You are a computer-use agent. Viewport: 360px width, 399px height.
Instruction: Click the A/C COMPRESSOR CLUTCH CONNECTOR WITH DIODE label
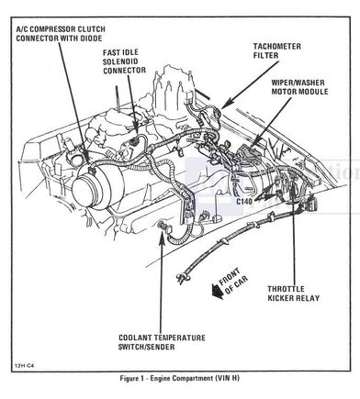61,34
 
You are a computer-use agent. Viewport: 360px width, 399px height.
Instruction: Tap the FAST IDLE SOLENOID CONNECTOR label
124,61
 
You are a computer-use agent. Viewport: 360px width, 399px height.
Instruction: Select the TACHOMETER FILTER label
277,50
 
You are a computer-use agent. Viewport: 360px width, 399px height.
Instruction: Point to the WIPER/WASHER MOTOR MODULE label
299,87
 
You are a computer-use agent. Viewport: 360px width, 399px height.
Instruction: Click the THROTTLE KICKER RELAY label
294,294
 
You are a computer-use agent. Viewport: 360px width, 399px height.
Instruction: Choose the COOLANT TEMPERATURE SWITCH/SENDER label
162,342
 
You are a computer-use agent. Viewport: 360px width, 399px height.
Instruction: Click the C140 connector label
244,202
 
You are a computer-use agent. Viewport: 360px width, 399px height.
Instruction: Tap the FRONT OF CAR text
233,282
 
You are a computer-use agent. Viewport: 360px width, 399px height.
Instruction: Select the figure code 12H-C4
23,365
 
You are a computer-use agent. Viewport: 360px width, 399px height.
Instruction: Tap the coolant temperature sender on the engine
161,227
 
